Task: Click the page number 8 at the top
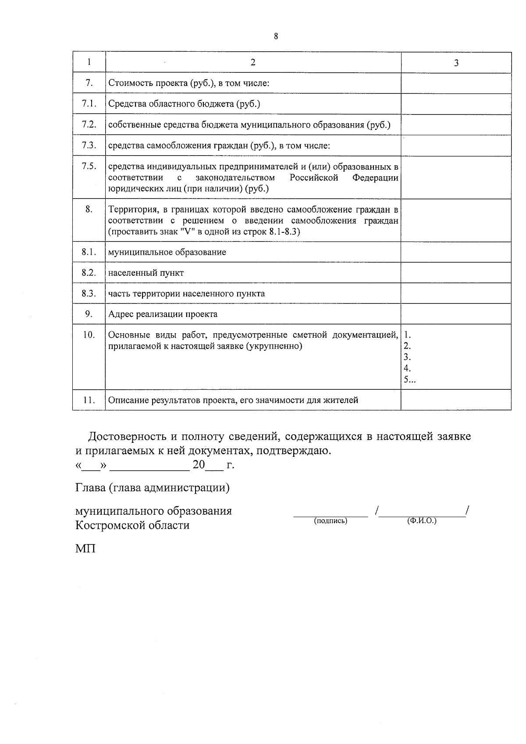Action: coord(276,36)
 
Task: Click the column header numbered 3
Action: coord(456,63)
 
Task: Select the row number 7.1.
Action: coord(89,103)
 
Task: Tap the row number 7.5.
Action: coord(89,166)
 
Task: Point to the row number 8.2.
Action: coord(89,272)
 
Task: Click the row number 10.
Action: coord(89,335)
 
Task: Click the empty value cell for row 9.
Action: coord(456,313)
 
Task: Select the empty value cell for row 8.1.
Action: coord(456,252)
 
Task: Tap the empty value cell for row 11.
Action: coord(456,399)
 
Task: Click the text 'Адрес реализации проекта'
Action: coord(163,314)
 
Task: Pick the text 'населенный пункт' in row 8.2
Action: coord(146,273)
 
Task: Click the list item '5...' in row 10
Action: coord(409,380)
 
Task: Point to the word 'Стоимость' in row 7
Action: coord(127,83)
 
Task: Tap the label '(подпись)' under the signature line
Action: coord(331,521)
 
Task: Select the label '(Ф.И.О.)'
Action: coord(422,521)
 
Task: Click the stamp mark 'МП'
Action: coord(85,548)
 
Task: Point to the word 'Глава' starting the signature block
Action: coord(90,488)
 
